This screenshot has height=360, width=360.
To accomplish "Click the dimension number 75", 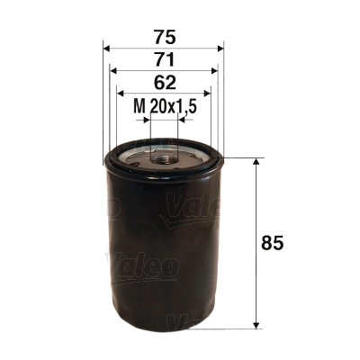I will (x=163, y=38).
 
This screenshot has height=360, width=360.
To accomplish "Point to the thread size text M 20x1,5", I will (x=165, y=107).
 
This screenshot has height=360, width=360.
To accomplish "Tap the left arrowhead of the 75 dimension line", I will (x=107, y=48).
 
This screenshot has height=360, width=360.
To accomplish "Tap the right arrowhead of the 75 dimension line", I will (x=220, y=48).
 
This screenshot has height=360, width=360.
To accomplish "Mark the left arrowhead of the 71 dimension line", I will (x=112, y=70).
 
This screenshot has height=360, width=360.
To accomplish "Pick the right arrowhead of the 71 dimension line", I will (x=215, y=70).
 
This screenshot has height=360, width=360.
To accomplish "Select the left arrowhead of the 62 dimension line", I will (x=121, y=93).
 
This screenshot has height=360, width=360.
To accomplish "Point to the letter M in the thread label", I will (x=139, y=107).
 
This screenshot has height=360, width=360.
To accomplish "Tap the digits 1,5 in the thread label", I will (x=187, y=107).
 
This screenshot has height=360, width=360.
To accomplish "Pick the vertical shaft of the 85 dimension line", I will (x=259, y=207).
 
